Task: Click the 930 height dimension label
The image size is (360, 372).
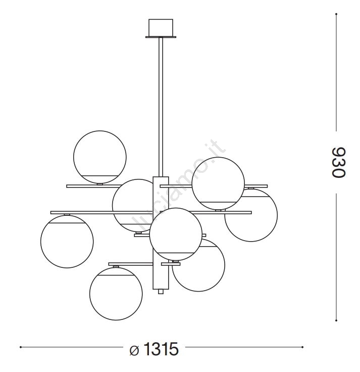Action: (338, 162)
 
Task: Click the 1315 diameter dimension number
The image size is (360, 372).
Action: (161, 349)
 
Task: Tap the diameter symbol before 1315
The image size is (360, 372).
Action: (134, 351)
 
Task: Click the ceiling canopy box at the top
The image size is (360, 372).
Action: (161, 27)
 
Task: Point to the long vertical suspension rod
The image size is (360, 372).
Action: (161, 107)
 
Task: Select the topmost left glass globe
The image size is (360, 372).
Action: (100, 157)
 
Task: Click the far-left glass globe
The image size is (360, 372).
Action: (67, 242)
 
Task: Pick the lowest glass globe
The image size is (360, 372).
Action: (116, 294)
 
